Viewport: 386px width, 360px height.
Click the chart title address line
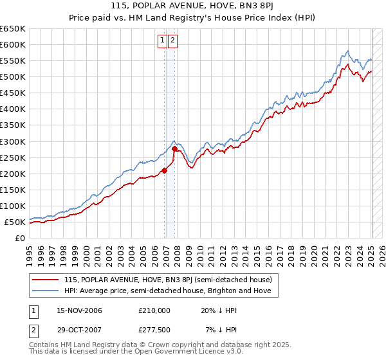tap(192, 7)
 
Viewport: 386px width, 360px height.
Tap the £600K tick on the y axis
tap(13, 44)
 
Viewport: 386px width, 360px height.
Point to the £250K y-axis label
tap(13, 157)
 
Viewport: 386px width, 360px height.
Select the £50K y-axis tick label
tap(15, 222)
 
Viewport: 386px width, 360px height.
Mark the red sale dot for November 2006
tap(164, 170)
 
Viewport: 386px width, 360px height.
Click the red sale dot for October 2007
tap(175, 148)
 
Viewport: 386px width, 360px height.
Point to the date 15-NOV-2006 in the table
tap(79, 310)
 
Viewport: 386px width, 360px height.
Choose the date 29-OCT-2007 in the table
tap(79, 330)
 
